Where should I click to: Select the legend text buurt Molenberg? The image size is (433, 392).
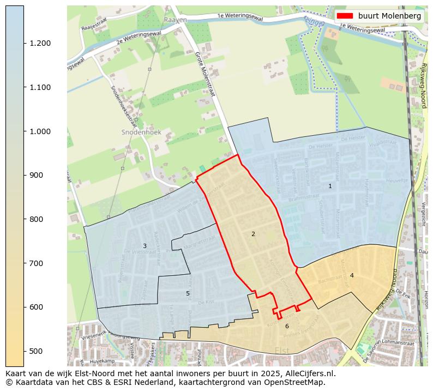coord(389,16)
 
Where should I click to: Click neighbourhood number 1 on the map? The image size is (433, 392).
coord(330,186)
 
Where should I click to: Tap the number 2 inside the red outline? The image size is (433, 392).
coord(253,234)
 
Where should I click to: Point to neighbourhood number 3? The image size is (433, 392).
coord(145,246)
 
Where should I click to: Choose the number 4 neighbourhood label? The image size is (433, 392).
coord(352,276)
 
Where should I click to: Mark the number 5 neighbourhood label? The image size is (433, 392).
coord(188,294)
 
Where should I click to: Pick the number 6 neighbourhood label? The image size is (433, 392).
coord(287,327)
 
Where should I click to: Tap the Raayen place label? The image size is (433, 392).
coord(175,20)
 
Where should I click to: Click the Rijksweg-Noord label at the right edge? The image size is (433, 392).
coord(423,85)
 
